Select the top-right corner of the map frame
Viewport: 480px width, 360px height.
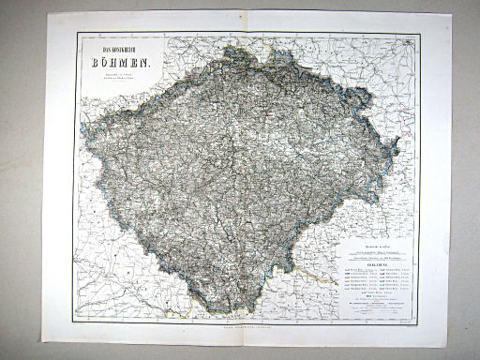pos(419,35)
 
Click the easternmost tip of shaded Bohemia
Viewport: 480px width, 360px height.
pos(399,142)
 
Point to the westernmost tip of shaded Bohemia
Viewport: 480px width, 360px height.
pos(82,132)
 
